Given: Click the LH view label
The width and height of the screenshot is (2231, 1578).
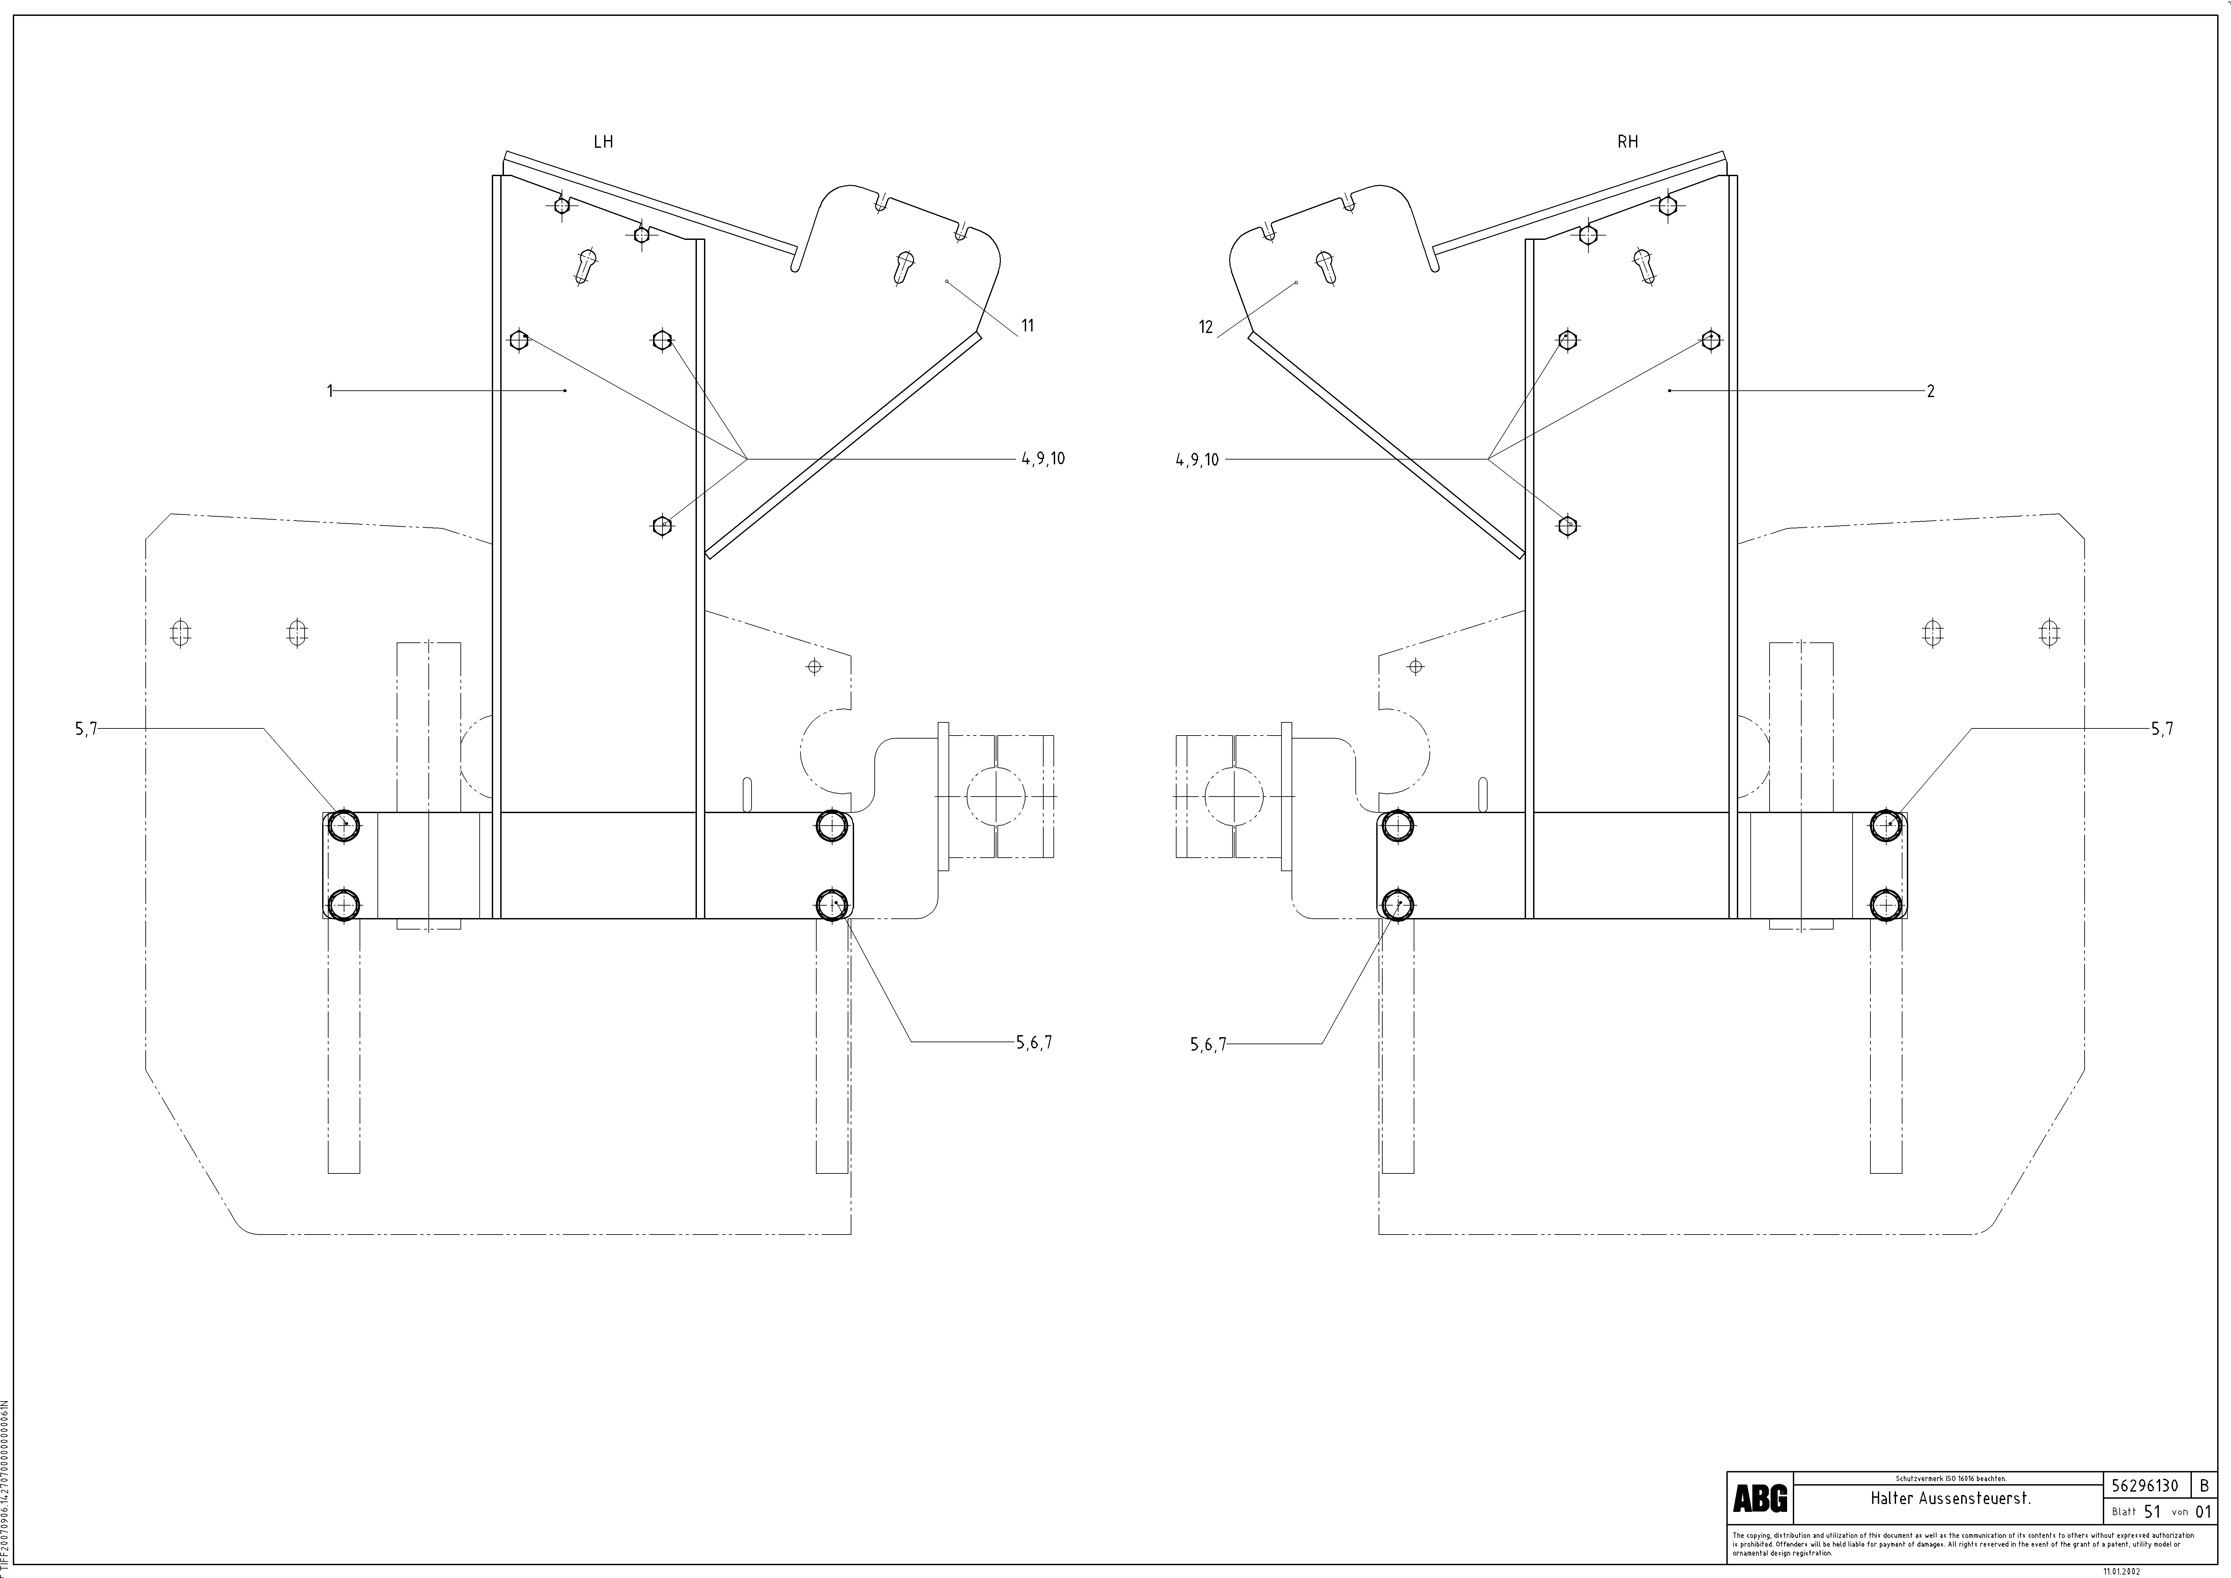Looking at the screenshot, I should [x=603, y=142].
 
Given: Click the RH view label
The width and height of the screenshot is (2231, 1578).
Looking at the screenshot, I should [x=1628, y=142].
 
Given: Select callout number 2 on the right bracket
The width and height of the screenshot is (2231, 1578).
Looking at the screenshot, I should [x=1931, y=392].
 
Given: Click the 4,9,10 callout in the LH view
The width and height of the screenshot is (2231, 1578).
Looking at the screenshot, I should [x=1043, y=459].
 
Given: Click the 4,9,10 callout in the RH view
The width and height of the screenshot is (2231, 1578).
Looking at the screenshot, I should [x=1196, y=460].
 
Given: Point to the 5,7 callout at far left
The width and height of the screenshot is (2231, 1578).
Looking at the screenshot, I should [x=86, y=729].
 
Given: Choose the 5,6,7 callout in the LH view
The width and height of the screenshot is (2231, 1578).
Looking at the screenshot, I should [x=1034, y=1043].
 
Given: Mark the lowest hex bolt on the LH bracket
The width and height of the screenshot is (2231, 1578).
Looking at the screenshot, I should [x=662, y=526].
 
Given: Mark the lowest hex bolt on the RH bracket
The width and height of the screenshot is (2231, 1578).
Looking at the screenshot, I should [x=1566, y=526].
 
